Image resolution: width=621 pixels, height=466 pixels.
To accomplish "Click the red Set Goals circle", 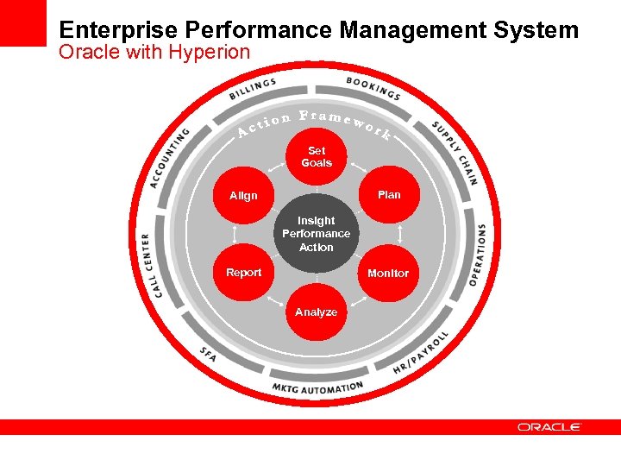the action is (317, 157).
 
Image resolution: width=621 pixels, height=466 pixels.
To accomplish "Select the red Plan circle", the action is (389, 195).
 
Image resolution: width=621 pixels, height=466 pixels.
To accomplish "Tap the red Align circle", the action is (243, 196).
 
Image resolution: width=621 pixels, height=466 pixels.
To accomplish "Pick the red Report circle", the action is (243, 273).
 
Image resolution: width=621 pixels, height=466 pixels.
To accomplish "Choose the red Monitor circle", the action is (388, 274).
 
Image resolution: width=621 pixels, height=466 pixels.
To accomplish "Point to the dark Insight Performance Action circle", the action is (317, 234).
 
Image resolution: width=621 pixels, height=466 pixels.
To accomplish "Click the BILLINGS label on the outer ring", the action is (253, 89).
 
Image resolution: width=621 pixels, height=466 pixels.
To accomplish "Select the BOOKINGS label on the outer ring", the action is (373, 87).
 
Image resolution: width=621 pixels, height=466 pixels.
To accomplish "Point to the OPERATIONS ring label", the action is (477, 255).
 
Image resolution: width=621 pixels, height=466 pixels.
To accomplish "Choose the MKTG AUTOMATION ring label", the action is (317, 388).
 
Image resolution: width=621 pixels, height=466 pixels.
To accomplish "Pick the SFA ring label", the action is (208, 354).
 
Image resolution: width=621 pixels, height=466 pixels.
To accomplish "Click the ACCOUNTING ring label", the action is (168, 157).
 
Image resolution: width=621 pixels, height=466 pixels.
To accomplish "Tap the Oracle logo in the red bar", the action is (549, 427).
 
